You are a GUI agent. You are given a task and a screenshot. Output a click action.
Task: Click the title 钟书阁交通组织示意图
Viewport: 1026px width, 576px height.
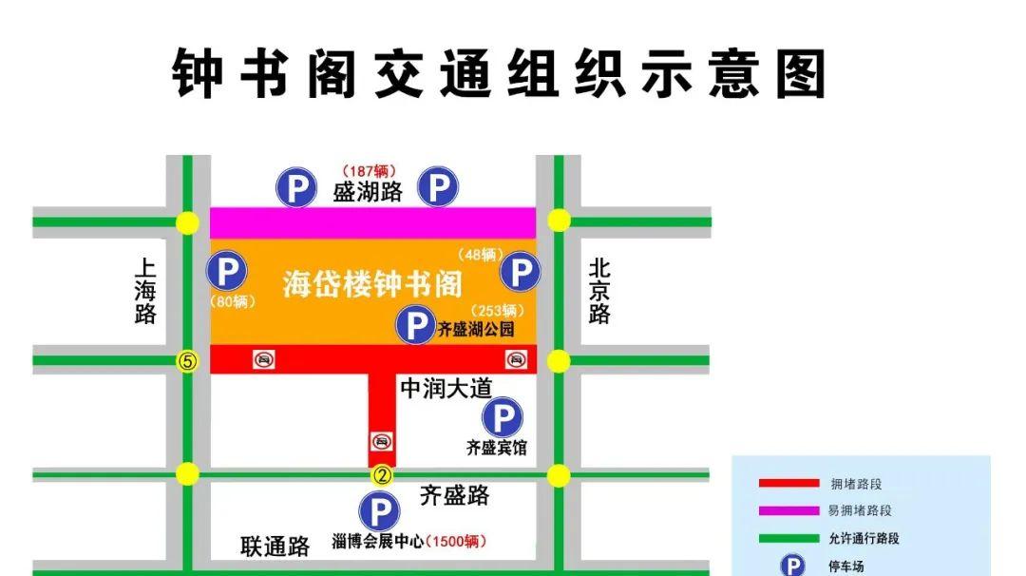[500, 73]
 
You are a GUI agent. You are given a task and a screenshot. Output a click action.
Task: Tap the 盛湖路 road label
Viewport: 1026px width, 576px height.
[368, 192]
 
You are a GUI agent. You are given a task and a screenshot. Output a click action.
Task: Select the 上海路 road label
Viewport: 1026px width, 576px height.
[145, 292]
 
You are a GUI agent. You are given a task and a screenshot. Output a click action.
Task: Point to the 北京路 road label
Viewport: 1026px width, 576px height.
[599, 292]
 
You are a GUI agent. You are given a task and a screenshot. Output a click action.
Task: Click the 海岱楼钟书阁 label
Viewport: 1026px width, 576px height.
[372, 283]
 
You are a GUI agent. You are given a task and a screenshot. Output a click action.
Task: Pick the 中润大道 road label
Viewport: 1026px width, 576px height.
[446, 388]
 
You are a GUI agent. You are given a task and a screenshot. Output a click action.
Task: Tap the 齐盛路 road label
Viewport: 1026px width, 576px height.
[455, 495]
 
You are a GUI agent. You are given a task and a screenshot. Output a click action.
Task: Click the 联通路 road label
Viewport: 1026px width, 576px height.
[275, 547]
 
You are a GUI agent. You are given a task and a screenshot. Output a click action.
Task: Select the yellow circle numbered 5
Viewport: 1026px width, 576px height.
[187, 361]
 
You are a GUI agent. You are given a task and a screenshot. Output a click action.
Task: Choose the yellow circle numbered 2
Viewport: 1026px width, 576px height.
[382, 475]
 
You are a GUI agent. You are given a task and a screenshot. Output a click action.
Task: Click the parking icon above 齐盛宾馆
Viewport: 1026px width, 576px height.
[502, 417]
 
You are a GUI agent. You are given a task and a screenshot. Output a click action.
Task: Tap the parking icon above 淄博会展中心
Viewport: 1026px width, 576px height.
[378, 512]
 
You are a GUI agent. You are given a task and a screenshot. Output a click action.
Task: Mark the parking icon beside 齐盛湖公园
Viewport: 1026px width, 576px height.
[415, 326]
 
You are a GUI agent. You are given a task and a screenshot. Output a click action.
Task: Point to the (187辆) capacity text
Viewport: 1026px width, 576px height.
[368, 171]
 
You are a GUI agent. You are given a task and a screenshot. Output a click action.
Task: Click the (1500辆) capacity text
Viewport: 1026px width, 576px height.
[456, 542]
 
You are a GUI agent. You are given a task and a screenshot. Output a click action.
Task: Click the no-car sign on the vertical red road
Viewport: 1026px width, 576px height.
[382, 441]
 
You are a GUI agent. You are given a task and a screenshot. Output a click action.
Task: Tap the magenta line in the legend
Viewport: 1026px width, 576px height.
[788, 510]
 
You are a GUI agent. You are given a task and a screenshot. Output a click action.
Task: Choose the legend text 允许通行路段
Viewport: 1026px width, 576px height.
[864, 538]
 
